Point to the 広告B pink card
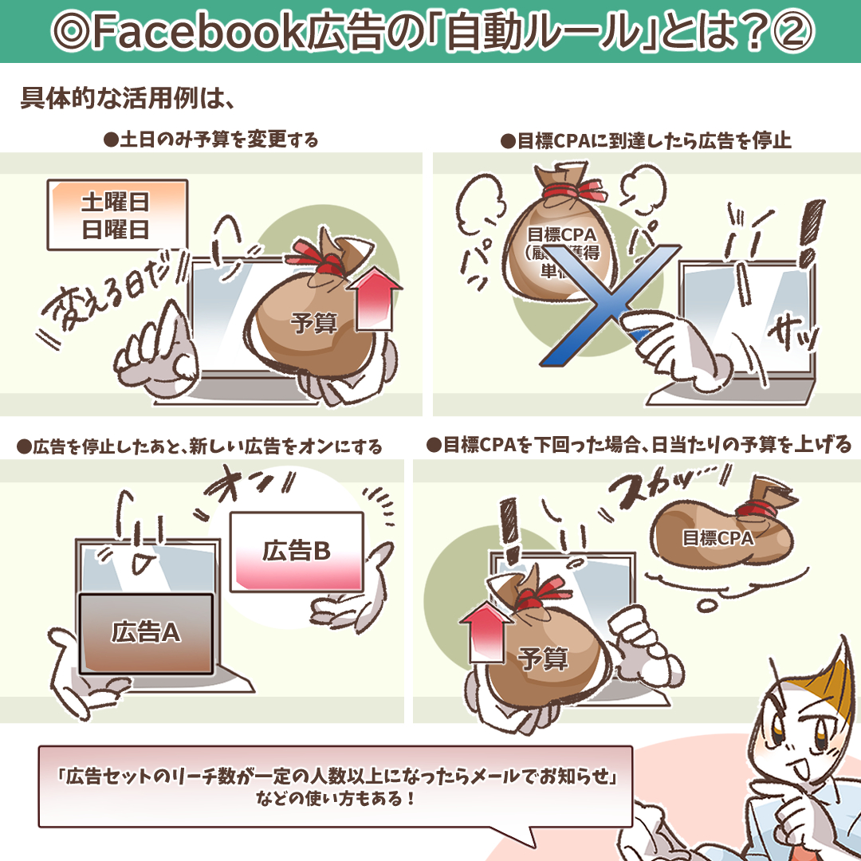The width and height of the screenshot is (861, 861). click(x=297, y=551)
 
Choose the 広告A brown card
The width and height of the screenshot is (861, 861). click(x=146, y=633)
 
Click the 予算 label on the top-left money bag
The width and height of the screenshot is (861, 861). click(x=315, y=324)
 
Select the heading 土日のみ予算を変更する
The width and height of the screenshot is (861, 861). click(x=212, y=141)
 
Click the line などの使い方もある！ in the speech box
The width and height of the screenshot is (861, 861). click(x=335, y=797)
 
